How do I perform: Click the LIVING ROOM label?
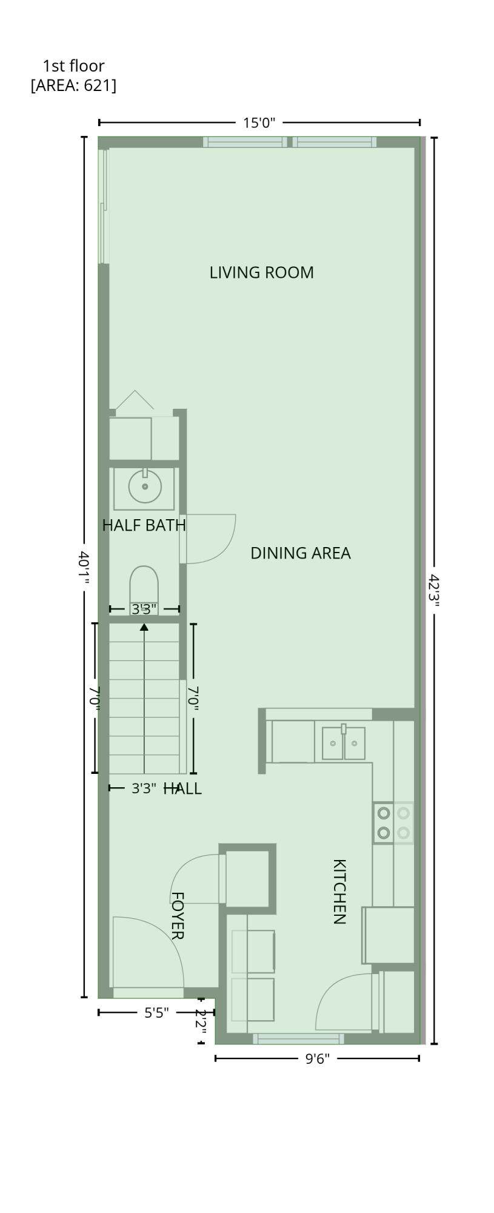pos(261,272)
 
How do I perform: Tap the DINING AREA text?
pos(300,553)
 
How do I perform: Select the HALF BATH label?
pos(144,525)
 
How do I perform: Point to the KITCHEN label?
pos(339,891)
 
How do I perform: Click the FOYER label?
pos(176,915)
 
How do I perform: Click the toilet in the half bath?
pos(144,590)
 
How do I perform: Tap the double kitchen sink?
pos(343,742)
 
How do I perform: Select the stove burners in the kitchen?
pos(393,822)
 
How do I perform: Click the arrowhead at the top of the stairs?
pos(144,627)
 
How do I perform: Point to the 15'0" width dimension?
pos(259,123)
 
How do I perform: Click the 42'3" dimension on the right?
pos(434,593)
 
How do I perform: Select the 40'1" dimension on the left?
pos(84,568)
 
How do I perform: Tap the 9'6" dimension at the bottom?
pos(317,1059)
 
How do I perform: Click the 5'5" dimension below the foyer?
pos(156,1013)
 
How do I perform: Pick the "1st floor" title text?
pos(73,66)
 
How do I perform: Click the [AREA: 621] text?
pos(73,86)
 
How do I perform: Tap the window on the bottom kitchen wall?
pos(298,1038)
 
